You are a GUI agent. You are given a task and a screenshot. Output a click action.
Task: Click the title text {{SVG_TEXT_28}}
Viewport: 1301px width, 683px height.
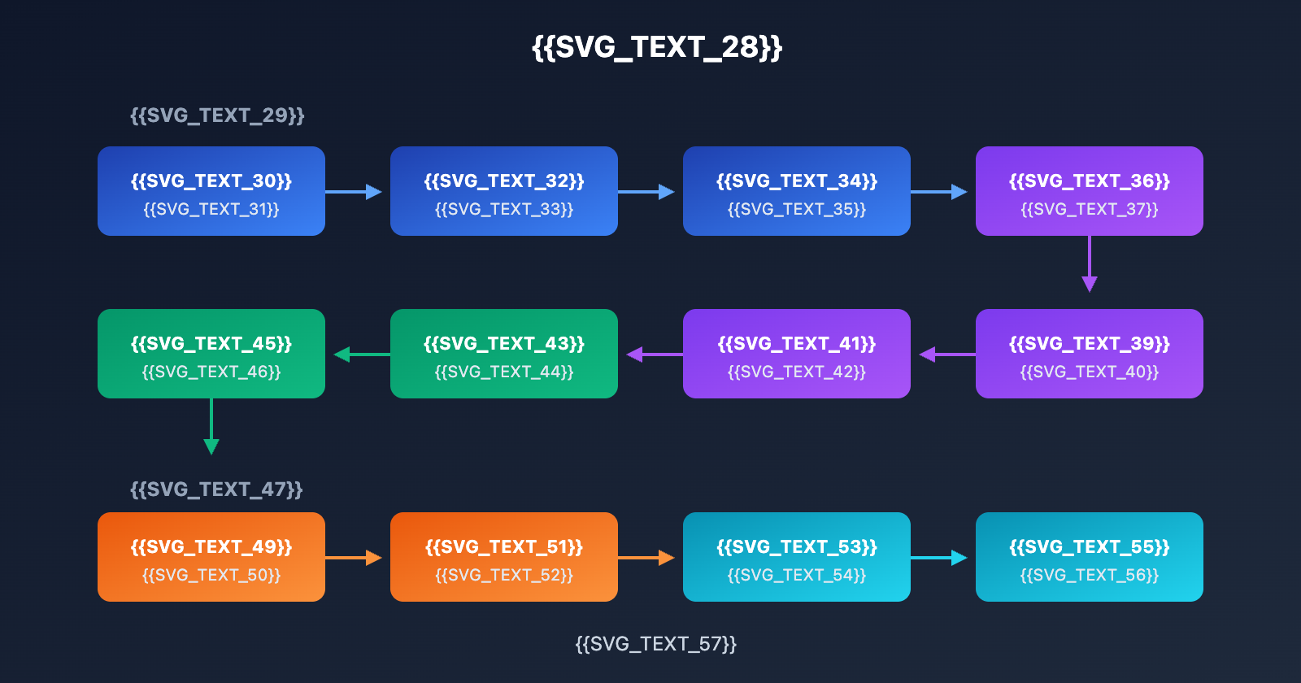(657, 47)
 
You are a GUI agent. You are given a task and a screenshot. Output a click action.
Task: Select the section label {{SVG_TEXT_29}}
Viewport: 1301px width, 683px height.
(217, 115)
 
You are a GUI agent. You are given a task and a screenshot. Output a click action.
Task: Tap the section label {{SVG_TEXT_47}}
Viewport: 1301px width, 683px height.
(216, 489)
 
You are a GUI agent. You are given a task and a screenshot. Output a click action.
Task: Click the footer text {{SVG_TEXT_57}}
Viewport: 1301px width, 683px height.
(655, 644)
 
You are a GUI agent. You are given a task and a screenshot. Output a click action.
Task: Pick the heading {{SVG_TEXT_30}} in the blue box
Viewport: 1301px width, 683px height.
(211, 181)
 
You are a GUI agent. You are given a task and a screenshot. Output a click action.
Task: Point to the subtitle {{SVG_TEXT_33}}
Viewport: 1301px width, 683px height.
(504, 210)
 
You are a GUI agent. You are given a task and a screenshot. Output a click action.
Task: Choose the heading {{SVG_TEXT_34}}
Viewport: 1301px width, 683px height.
(797, 181)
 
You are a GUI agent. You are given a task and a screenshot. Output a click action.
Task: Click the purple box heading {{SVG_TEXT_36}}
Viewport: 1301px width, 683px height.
(1090, 181)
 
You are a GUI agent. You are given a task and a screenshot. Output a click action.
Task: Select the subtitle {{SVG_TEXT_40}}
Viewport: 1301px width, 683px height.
(1090, 372)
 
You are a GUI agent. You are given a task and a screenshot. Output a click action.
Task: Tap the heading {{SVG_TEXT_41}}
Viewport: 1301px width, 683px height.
(797, 343)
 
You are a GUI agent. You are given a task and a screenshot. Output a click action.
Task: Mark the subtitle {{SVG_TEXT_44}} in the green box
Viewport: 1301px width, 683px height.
(504, 372)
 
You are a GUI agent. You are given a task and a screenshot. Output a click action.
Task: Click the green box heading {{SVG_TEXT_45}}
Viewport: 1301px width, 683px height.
(211, 343)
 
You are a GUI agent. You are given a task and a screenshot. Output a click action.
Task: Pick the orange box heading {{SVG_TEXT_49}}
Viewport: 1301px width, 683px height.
(211, 546)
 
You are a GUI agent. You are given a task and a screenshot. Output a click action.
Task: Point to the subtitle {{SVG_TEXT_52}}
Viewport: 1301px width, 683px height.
(504, 576)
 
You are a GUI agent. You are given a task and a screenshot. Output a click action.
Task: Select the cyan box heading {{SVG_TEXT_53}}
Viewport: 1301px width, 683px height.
(797, 546)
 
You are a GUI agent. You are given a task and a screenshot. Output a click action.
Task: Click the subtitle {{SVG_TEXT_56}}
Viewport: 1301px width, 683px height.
(1090, 576)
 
